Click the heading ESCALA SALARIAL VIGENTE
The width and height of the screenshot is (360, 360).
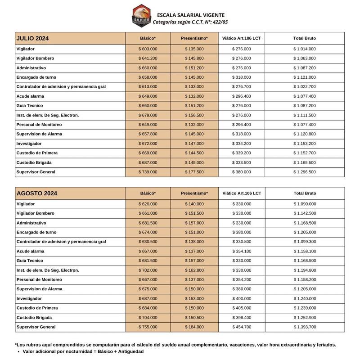tap(191, 15)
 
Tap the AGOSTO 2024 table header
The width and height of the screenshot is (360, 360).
tap(36, 193)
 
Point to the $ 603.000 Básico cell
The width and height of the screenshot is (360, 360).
tap(148, 49)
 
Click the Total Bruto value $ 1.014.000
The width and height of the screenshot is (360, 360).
tap(305, 49)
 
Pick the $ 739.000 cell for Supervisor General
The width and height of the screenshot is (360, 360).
tap(148, 172)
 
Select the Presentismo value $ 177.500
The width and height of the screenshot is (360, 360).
tap(194, 172)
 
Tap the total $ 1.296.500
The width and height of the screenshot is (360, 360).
tap(305, 172)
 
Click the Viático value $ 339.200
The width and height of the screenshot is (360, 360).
tap(241, 153)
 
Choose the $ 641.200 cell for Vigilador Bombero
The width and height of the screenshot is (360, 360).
tap(148, 58)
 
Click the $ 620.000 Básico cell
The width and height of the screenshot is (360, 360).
tap(148, 204)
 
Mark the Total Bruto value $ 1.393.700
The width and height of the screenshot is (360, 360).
tap(305, 327)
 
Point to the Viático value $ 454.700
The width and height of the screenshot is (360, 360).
tap(241, 327)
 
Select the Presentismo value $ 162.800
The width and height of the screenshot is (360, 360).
tap(194, 270)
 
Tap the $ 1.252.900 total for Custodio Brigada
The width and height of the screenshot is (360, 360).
tap(305, 317)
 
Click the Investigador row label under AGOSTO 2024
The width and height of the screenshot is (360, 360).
tap(29, 298)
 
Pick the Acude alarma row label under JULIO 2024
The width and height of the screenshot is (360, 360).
tap(30, 96)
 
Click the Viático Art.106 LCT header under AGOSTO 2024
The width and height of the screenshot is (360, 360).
tap(241, 193)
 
